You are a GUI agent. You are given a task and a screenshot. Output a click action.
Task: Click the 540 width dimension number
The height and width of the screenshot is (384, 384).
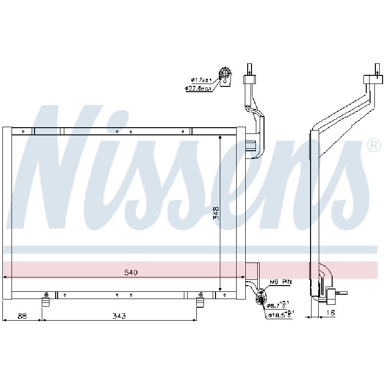(131, 273)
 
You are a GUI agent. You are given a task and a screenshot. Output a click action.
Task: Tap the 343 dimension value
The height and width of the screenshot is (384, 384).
(119, 316)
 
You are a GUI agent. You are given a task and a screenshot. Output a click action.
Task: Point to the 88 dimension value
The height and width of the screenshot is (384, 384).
(22, 316)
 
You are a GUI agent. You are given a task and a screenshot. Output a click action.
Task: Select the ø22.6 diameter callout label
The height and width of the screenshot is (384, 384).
(199, 88)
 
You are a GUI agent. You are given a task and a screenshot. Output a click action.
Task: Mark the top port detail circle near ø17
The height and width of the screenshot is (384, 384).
(225, 74)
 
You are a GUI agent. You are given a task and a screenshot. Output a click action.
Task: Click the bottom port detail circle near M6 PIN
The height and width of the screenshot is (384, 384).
(260, 299)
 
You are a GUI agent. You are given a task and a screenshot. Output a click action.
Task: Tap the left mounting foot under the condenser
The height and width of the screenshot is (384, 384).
(46, 301)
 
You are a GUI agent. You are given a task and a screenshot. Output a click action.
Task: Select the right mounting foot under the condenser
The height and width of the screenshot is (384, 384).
(200, 301)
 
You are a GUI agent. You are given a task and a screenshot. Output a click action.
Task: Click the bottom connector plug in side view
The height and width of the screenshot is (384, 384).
(331, 294)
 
